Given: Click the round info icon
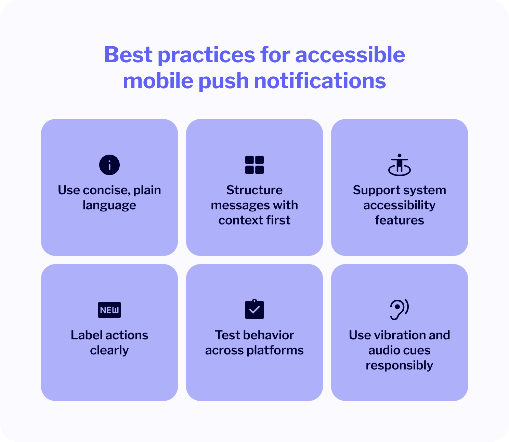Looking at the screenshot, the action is pyautogui.click(x=109, y=165).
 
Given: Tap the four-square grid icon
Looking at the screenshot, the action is pyautogui.click(x=254, y=165).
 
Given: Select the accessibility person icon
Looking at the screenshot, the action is pyautogui.click(x=399, y=165).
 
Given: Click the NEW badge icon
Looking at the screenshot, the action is pyautogui.click(x=109, y=310).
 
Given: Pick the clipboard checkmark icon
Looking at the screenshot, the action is pyautogui.click(x=254, y=309).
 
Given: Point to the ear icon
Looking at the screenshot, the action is pyautogui.click(x=399, y=309).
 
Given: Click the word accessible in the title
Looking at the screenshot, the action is pyautogui.click(x=350, y=55).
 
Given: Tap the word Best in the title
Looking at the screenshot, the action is pyautogui.click(x=128, y=55).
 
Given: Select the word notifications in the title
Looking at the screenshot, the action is pyautogui.click(x=320, y=81).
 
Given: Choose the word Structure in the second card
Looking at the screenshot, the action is pyautogui.click(x=254, y=190).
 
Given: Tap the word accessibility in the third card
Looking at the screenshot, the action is pyautogui.click(x=399, y=206).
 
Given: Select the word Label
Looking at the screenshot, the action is pyautogui.click(x=86, y=335).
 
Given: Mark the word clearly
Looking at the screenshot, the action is pyautogui.click(x=109, y=351).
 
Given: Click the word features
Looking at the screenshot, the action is pyautogui.click(x=399, y=220).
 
